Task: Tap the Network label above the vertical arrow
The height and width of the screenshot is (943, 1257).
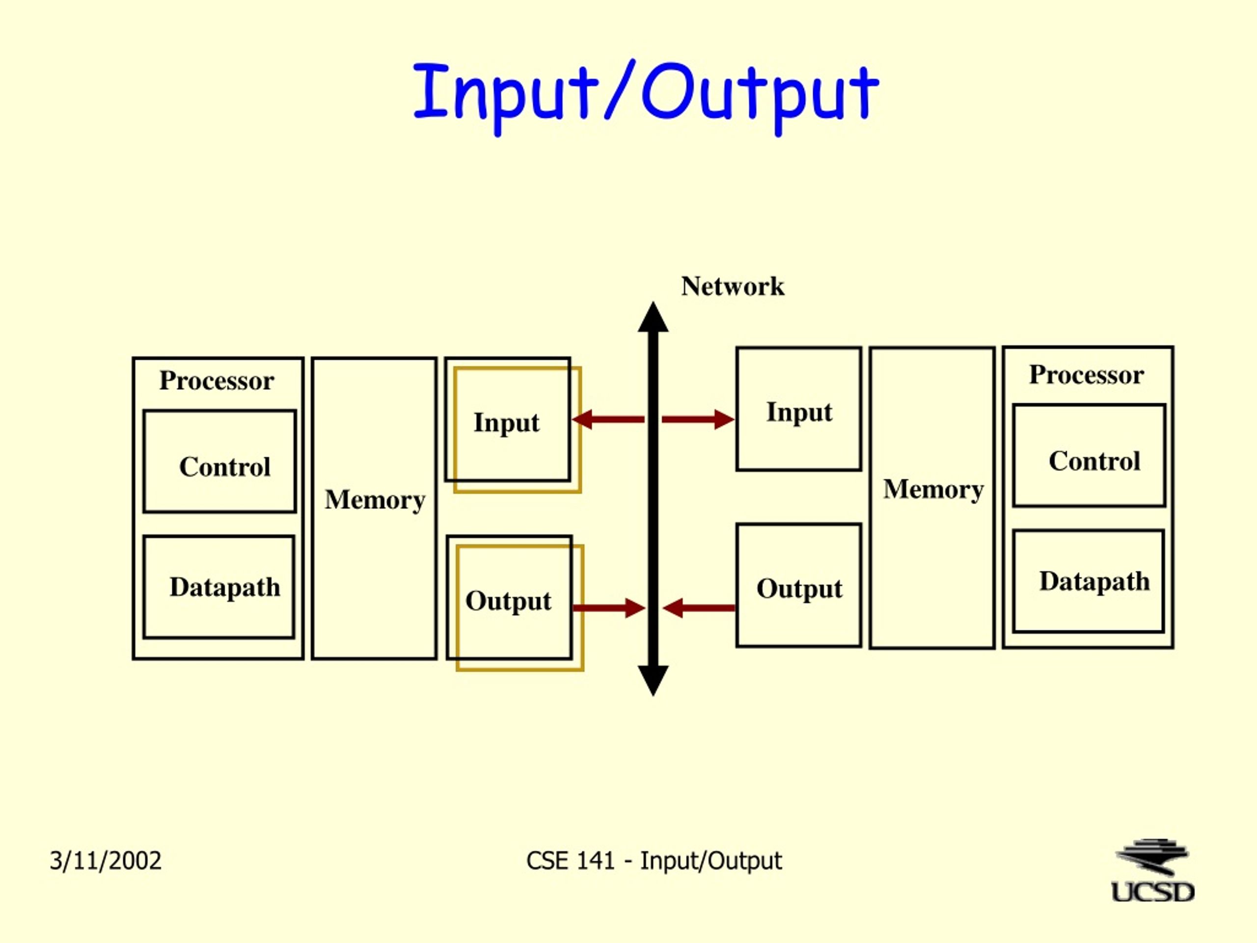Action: coord(733,286)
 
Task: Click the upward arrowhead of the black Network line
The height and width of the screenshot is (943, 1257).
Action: coord(653,317)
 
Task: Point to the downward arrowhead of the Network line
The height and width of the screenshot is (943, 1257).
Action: coord(653,681)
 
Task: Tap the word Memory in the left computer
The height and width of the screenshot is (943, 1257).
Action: coord(375,500)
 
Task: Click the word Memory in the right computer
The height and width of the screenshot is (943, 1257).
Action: coord(933,489)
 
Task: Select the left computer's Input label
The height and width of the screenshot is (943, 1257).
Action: coord(506,423)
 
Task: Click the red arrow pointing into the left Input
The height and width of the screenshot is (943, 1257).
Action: coord(608,419)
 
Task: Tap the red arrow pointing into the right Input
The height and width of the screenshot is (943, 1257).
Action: coord(698,419)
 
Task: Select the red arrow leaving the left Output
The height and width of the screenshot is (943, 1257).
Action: coord(608,608)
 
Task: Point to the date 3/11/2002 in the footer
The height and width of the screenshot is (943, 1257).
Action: coord(106,860)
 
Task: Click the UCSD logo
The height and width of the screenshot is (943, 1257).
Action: coord(1153,871)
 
